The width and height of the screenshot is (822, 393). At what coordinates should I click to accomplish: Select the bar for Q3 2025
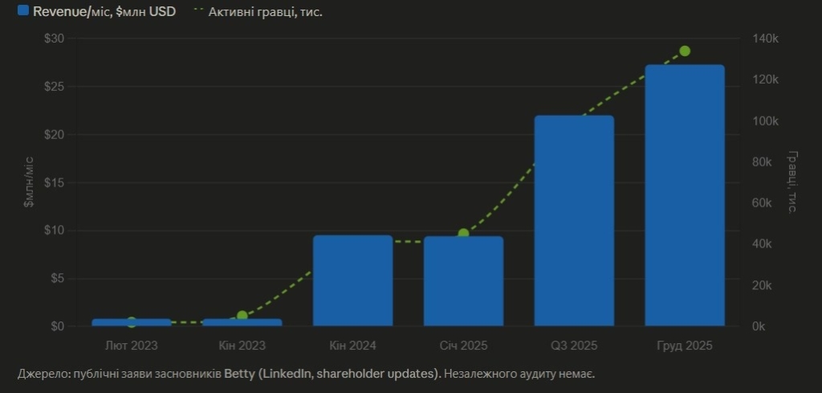(574, 221)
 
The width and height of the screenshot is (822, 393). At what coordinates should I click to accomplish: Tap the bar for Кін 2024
(352, 280)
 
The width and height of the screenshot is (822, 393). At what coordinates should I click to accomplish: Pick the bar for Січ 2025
(463, 281)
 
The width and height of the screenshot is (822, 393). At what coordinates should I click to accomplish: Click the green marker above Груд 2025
(685, 51)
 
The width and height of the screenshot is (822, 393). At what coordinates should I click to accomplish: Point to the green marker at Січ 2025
(463, 234)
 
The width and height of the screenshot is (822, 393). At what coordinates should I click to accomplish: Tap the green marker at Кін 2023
(242, 316)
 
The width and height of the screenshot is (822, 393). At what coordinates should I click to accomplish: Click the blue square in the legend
(23, 11)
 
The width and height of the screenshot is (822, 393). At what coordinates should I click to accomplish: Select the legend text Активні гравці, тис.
(265, 12)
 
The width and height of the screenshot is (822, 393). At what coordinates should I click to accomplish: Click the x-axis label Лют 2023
(132, 346)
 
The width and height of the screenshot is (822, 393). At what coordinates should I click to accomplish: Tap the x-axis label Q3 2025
(574, 346)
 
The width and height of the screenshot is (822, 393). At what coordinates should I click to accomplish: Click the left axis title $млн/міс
(29, 182)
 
